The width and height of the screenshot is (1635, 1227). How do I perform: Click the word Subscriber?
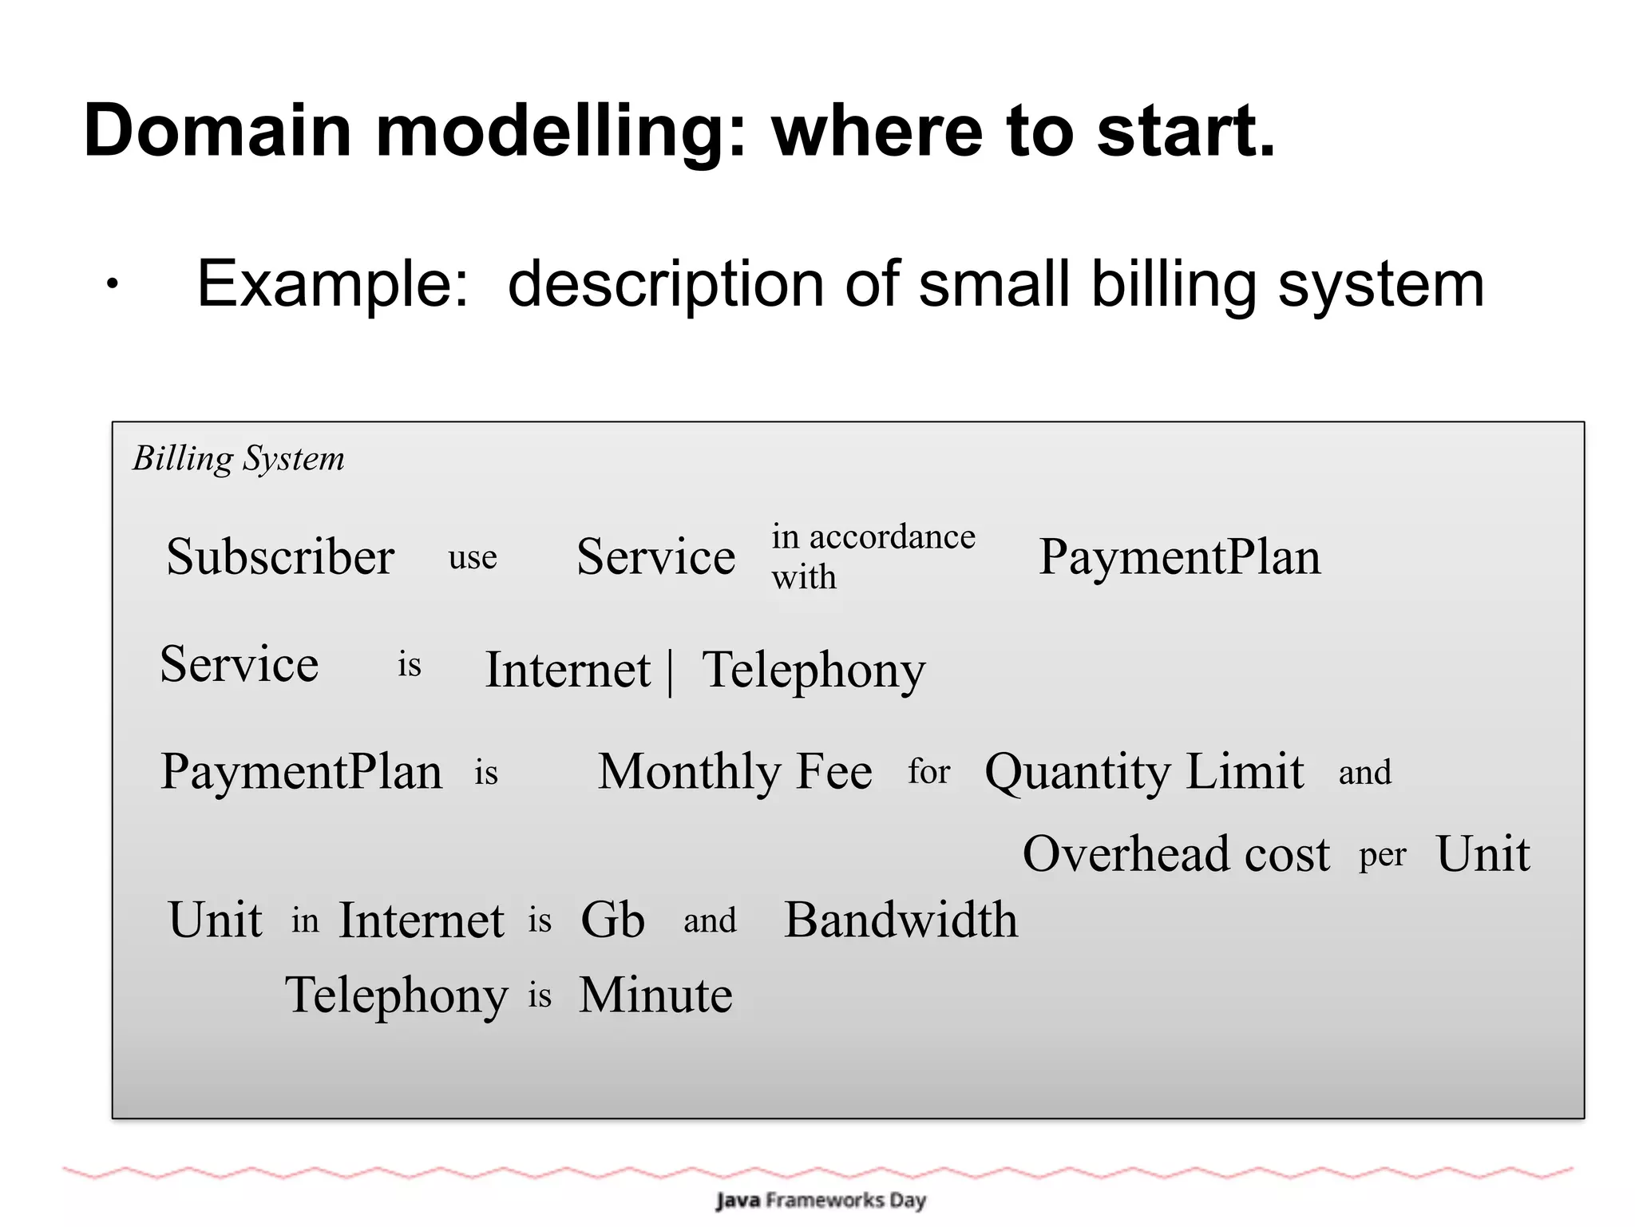pyautogui.click(x=280, y=556)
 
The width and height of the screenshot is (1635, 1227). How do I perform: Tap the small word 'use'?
pyautogui.click(x=473, y=557)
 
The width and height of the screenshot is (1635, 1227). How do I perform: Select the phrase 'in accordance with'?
pyautogui.click(x=873, y=556)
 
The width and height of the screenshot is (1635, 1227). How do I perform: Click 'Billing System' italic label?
pyautogui.click(x=238, y=459)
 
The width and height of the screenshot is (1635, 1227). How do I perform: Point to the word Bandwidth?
pyautogui.click(x=901, y=920)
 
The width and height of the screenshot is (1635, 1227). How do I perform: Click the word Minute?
pyautogui.click(x=655, y=995)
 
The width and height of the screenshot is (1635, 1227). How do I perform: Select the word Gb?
pyautogui.click(x=612, y=920)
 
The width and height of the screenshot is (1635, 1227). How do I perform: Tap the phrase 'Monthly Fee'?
pyautogui.click(x=734, y=771)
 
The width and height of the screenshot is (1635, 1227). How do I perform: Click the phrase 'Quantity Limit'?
pyautogui.click(x=1144, y=773)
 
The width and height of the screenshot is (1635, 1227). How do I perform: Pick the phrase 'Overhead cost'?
pyautogui.click(x=1176, y=854)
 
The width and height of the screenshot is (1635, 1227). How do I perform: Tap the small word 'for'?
pyautogui.click(x=928, y=772)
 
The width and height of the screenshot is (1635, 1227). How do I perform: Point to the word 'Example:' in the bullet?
pyautogui.click(x=333, y=283)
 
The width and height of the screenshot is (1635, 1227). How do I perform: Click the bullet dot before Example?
pyautogui.click(x=113, y=283)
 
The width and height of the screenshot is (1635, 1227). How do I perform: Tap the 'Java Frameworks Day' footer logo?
pyautogui.click(x=821, y=1200)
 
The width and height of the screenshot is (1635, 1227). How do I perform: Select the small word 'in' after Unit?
pyautogui.click(x=305, y=920)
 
